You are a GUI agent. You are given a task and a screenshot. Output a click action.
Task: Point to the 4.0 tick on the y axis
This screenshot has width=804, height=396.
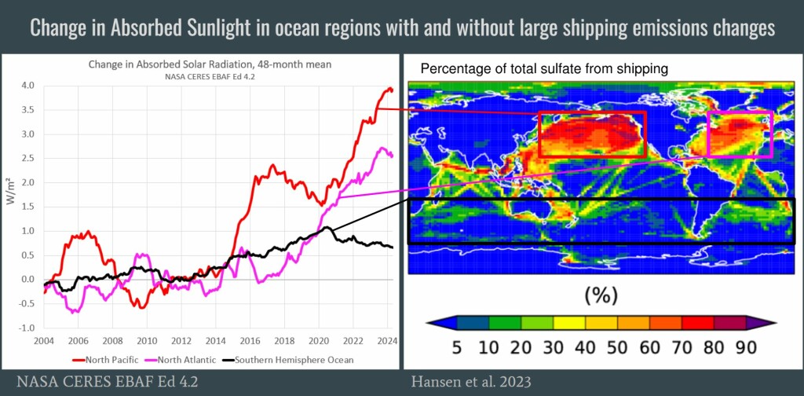(x=27, y=86)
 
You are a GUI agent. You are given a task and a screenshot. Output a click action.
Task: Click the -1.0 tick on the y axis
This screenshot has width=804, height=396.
(x=26, y=328)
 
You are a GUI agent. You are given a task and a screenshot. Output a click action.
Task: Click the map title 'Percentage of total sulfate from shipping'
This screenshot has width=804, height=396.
(x=545, y=68)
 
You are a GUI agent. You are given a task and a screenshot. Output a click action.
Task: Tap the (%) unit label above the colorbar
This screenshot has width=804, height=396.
(x=601, y=295)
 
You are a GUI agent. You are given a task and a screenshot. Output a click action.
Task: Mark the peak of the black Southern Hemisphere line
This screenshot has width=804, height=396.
(x=327, y=227)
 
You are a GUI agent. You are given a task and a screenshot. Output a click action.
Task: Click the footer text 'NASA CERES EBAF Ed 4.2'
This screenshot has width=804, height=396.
(x=107, y=382)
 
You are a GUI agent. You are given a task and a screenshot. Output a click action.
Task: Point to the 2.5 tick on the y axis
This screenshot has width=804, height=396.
(x=27, y=158)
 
